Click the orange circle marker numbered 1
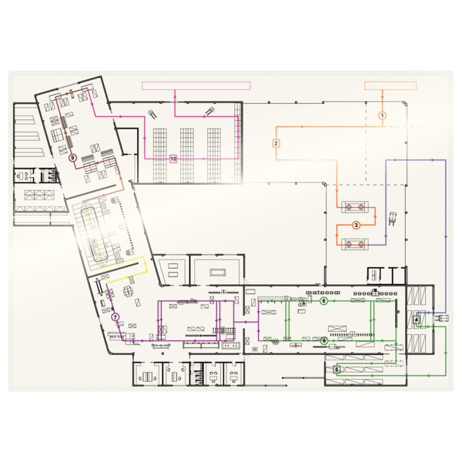382,115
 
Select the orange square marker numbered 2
276,143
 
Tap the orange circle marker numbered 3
357,226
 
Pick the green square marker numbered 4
417,320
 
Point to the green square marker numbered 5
336,370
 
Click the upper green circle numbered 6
324,301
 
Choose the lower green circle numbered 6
324,340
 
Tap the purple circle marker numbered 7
115,317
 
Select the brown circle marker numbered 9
72,158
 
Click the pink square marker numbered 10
173,159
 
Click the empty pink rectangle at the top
196,85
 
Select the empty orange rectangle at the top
390,85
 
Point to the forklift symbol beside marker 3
393,219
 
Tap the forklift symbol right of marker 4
441,318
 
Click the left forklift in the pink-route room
152,114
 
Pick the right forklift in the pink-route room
209,111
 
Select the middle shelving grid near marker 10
187,156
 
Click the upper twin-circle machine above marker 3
355,207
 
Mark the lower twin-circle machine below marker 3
355,244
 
